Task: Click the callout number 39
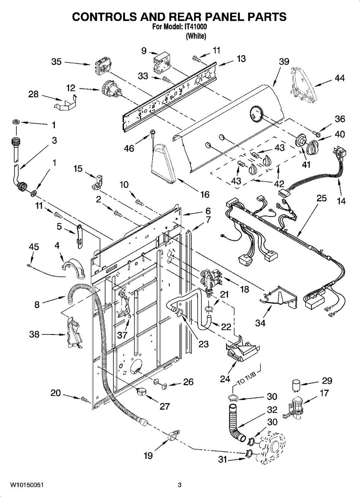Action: point(284,62)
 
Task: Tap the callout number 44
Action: point(339,78)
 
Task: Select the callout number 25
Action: point(322,198)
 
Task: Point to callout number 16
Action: point(204,194)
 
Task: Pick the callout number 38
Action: point(34,334)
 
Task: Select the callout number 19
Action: point(148,455)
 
